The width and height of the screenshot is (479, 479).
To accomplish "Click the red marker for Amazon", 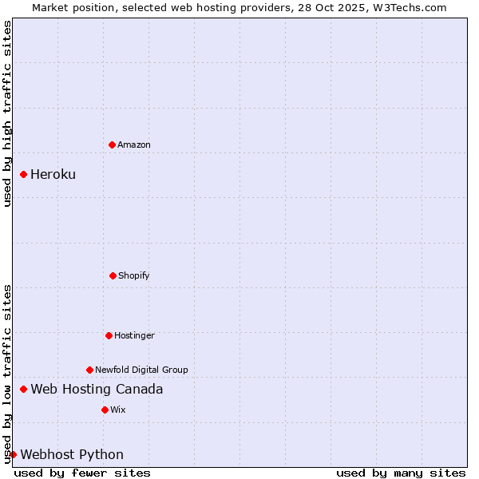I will (x=112, y=144).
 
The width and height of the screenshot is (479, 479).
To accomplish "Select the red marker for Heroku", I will (x=24, y=174).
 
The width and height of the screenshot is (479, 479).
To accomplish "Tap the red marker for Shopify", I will (x=113, y=275).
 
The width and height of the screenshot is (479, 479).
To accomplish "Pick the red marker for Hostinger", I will (x=109, y=335).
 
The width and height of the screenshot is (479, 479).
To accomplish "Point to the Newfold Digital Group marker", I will (x=89, y=370).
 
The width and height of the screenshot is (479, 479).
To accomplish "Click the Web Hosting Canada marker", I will (x=24, y=389).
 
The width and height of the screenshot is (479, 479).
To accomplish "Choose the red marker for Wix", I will (x=105, y=410).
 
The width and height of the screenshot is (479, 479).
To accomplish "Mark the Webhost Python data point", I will (x=13, y=454).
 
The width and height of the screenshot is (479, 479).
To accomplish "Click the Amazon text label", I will (x=134, y=144).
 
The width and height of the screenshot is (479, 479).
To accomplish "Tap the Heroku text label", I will (x=53, y=174).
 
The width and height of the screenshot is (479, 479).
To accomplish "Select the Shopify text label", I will (x=134, y=275).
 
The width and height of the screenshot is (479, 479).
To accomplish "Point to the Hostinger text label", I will (x=134, y=335).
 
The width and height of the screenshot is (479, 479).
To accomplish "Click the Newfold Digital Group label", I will (x=141, y=370).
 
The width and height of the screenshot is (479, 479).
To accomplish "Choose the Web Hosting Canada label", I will (x=97, y=389).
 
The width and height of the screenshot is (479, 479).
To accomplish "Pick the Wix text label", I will (x=118, y=410).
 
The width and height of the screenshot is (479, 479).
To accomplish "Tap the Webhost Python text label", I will (x=72, y=454).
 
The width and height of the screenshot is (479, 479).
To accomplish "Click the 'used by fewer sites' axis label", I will (x=82, y=473).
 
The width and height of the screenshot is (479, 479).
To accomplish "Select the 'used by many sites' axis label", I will (x=401, y=473).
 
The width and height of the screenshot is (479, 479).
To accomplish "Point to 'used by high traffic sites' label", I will (x=7, y=113).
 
